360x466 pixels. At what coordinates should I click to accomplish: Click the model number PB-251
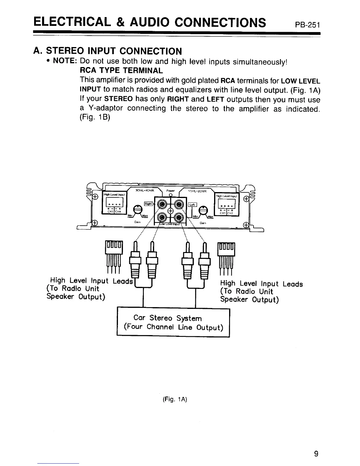point(307,24)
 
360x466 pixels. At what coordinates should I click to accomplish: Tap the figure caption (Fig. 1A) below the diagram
point(175,399)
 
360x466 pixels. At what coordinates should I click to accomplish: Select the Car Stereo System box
point(173,322)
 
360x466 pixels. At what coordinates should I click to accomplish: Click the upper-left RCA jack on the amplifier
point(162,204)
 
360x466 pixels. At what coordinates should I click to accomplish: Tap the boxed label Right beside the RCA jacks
point(148,204)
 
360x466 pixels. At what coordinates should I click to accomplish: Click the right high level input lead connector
point(226,254)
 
